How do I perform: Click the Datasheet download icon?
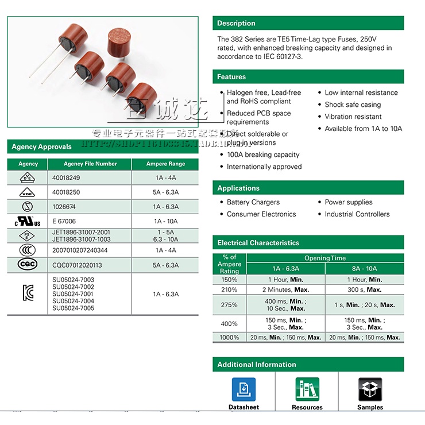tap(244, 389)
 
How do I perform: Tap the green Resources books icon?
tap(307, 389)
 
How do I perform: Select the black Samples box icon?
tap(370, 389)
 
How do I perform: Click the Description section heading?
tap(236, 24)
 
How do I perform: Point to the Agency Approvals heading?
tap(42, 147)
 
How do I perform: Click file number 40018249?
tap(66, 178)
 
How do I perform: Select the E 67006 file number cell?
tap(64, 221)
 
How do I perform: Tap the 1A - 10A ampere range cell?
tap(165, 221)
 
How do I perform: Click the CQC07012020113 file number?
tap(77, 265)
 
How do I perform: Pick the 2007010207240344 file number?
tap(80, 250)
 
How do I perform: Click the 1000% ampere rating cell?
tap(229, 338)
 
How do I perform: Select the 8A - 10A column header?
tap(364, 269)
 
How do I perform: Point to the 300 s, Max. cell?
tap(364, 290)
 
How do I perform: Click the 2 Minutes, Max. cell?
tap(285, 290)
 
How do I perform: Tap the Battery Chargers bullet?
tap(253, 202)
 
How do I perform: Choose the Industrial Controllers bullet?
tap(357, 214)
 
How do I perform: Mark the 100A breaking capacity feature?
tap(262, 154)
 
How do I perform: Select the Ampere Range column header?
tap(165, 164)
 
